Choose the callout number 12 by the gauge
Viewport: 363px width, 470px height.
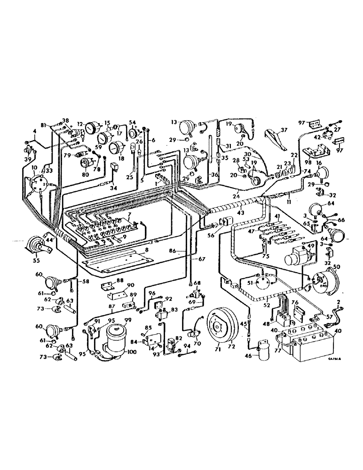(x=80, y=125)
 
